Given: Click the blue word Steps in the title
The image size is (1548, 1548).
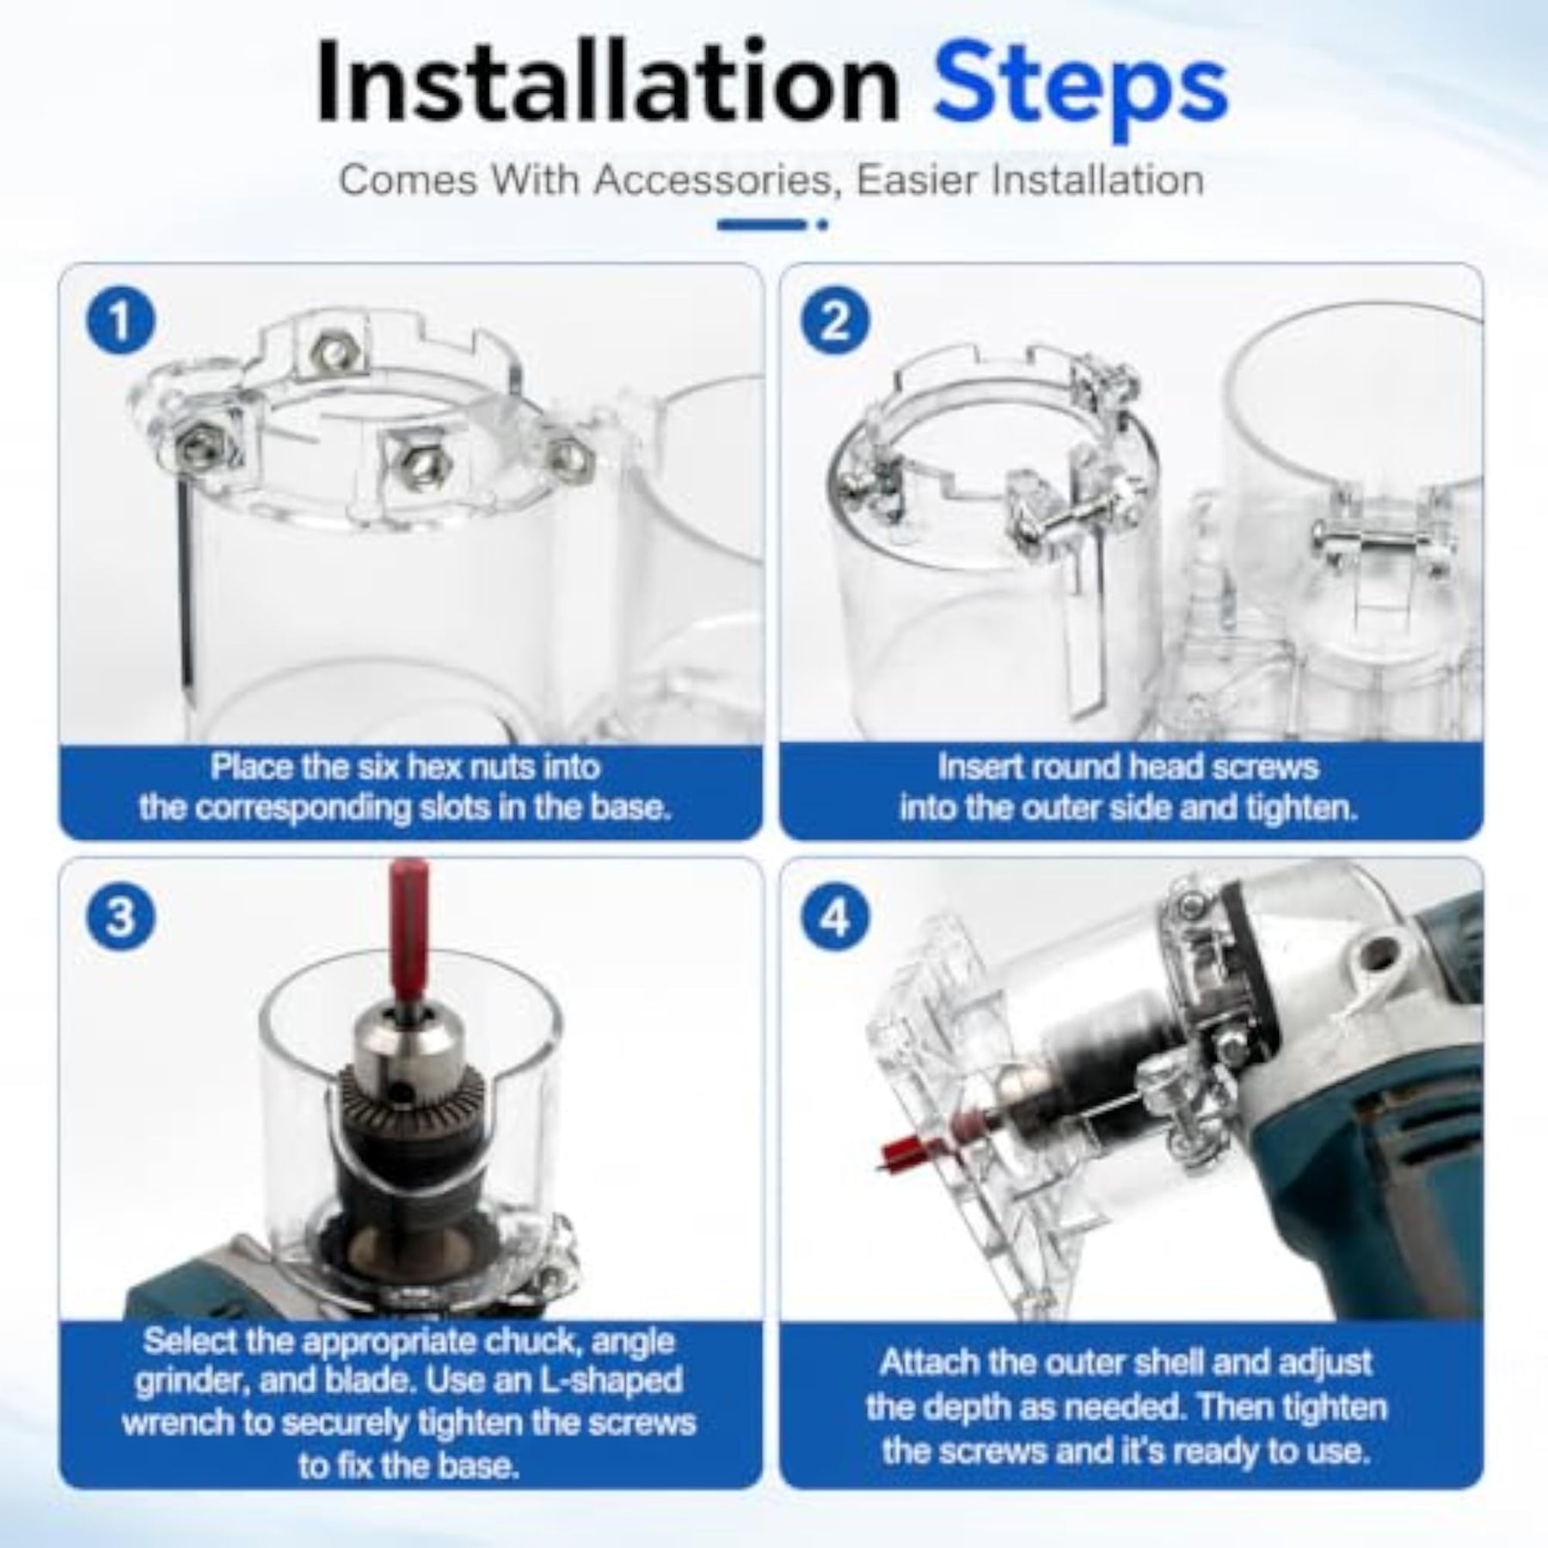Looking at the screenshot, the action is click(1081, 90).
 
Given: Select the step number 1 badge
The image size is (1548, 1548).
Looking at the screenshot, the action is click(121, 322).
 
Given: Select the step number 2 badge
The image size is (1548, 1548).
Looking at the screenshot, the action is click(835, 322).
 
